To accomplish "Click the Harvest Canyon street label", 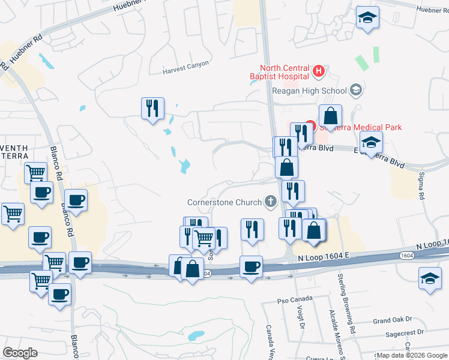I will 186,71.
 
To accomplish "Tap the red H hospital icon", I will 319,72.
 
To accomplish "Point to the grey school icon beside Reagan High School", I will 356,91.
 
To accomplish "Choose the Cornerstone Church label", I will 224,202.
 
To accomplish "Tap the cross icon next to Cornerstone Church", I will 270,202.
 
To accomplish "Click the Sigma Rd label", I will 421,187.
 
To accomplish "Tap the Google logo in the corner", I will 20,352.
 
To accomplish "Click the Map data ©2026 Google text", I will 411,355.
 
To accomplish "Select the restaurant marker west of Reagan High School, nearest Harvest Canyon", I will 152,109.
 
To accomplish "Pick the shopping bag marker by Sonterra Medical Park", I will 330,116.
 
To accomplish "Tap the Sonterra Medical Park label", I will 360,127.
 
